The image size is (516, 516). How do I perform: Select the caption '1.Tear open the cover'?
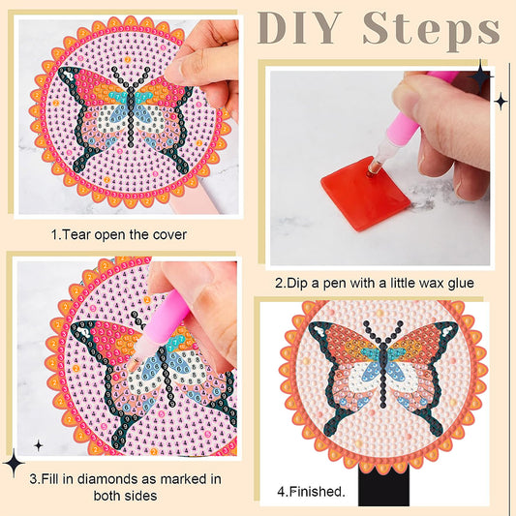[119, 234]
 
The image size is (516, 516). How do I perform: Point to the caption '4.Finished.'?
[311, 491]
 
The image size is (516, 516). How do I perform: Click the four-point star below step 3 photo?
[39, 445]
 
